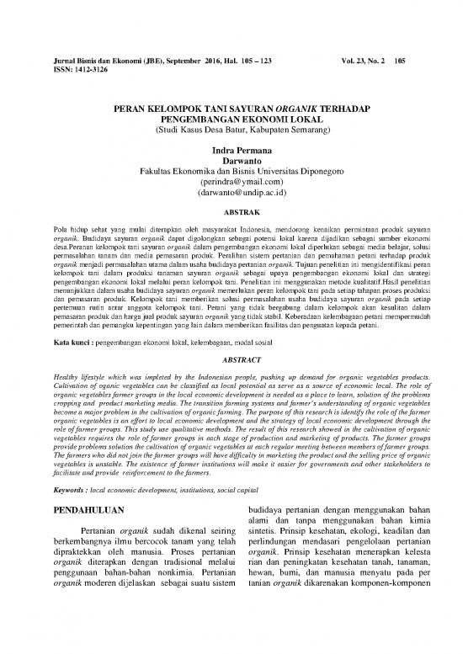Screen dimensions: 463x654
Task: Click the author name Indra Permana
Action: tap(231, 147)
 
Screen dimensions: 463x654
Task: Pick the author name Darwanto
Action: tap(231, 158)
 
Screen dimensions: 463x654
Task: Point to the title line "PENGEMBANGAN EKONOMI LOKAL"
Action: tap(231, 120)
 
